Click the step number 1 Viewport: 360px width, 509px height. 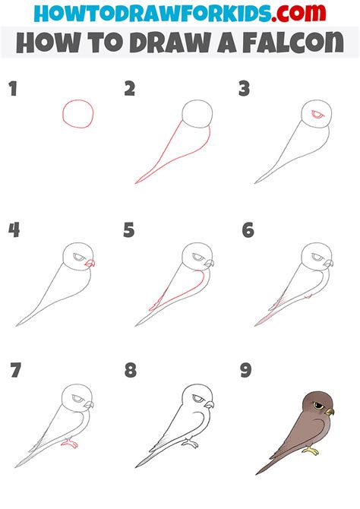[x=12, y=90]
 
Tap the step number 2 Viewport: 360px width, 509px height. [x=130, y=90]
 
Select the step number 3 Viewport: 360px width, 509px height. [x=245, y=90]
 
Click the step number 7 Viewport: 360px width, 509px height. [x=14, y=371]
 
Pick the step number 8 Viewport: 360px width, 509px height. [x=131, y=371]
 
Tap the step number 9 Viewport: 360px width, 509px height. [x=247, y=371]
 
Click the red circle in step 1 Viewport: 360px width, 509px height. [x=79, y=114]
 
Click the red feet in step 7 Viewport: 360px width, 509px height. [x=71, y=441]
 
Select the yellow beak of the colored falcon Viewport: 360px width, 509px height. [x=330, y=411]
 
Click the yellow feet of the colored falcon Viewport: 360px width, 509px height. [x=311, y=451]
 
